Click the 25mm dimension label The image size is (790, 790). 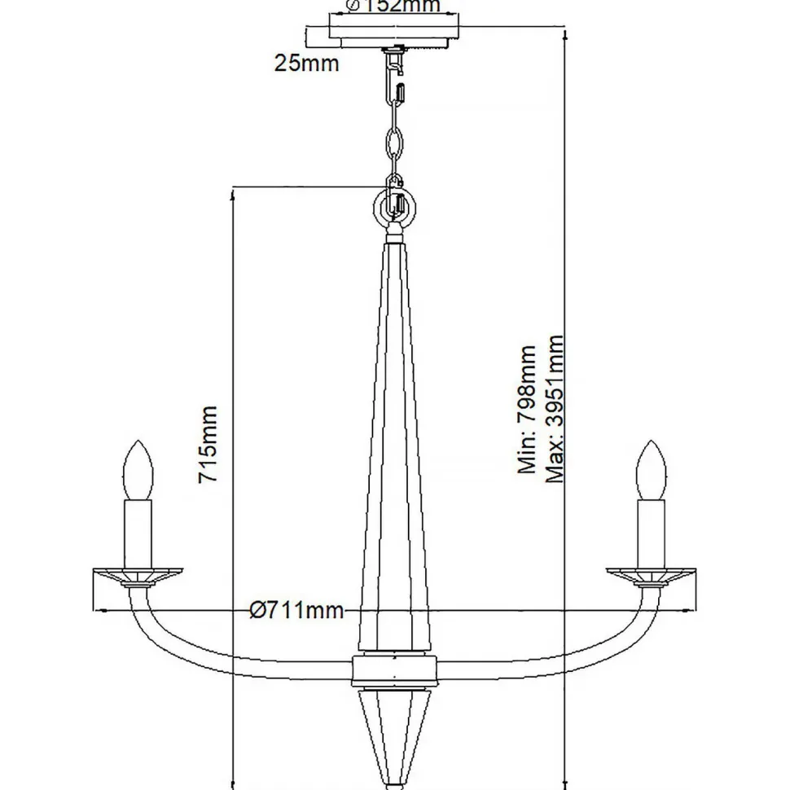point(307,62)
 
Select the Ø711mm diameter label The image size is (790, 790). point(296,611)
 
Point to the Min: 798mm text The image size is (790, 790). point(528,409)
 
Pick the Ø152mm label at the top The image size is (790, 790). point(394,7)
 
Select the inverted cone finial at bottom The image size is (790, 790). point(394,733)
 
